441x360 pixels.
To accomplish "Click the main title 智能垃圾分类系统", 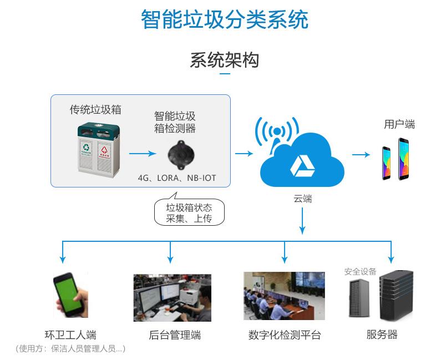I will click(224, 20).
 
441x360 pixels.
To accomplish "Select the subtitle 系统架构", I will click(224, 60).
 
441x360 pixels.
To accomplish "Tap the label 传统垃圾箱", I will click(95, 109).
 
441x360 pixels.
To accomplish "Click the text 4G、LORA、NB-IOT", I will click(177, 178).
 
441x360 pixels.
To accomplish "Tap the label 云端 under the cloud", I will click(302, 199).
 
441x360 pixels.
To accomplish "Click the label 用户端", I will click(399, 124).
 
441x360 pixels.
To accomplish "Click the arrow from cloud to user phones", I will click(361, 154).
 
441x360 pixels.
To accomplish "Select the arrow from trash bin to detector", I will click(143, 153).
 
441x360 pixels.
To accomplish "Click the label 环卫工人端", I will click(70, 335).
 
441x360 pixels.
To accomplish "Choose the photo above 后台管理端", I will click(172, 297).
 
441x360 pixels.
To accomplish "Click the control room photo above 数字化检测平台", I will click(284, 296).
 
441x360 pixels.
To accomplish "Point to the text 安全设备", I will click(360, 271).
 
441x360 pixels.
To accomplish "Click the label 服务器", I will click(382, 334).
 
